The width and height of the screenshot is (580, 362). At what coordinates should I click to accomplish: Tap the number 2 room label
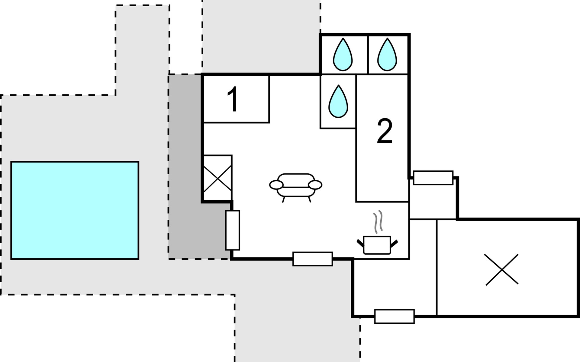(x=385, y=131)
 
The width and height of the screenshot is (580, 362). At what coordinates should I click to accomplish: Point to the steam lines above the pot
(x=378, y=223)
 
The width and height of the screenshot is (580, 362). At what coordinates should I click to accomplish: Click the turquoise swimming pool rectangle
(x=75, y=210)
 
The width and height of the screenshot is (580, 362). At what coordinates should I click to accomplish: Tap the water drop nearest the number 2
(x=338, y=101)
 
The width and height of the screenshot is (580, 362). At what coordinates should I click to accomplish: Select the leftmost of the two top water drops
(x=343, y=55)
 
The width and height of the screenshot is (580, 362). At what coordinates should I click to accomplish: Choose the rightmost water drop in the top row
(x=387, y=55)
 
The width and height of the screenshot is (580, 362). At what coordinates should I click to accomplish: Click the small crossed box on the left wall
(x=217, y=178)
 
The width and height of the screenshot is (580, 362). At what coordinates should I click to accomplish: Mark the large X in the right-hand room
(x=502, y=269)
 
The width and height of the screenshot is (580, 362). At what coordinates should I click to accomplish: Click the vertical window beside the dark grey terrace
(x=233, y=230)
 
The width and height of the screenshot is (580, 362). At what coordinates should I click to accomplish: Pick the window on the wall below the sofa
(x=313, y=259)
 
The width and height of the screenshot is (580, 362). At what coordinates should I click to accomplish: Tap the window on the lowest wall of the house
(x=395, y=316)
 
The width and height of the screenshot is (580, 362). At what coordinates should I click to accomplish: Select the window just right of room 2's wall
(x=433, y=178)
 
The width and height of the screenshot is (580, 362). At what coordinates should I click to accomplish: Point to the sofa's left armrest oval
(x=276, y=185)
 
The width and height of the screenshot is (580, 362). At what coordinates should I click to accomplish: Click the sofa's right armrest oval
(x=315, y=185)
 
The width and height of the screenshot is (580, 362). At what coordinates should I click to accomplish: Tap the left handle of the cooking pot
(x=360, y=243)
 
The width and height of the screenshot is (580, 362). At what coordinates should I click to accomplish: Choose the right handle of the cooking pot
(x=394, y=243)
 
